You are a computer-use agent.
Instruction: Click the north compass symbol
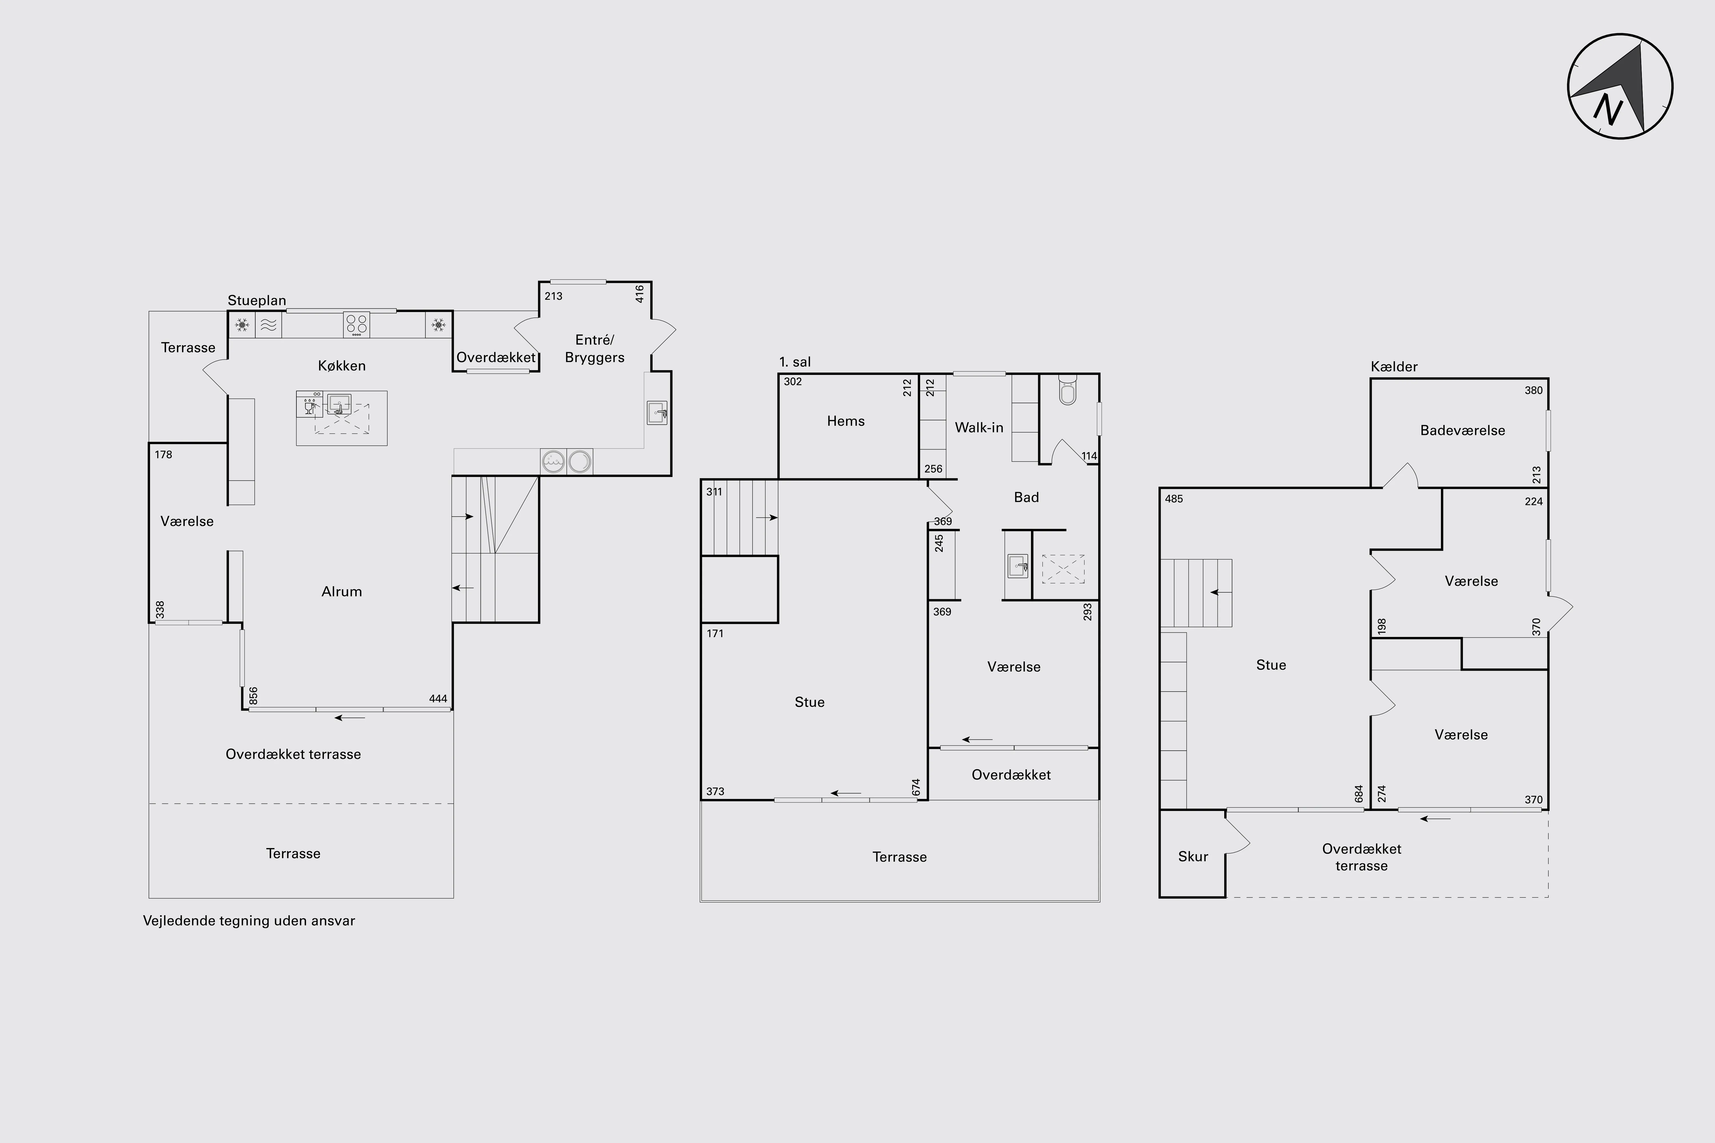coord(1620,86)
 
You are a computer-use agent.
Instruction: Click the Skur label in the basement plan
coord(1193,856)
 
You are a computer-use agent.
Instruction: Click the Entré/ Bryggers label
coord(594,348)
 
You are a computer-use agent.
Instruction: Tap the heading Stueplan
coord(257,300)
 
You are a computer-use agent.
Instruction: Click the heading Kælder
coord(1393,367)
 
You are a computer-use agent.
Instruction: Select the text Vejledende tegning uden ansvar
coord(249,921)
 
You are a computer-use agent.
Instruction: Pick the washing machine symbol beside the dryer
coord(553,461)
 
